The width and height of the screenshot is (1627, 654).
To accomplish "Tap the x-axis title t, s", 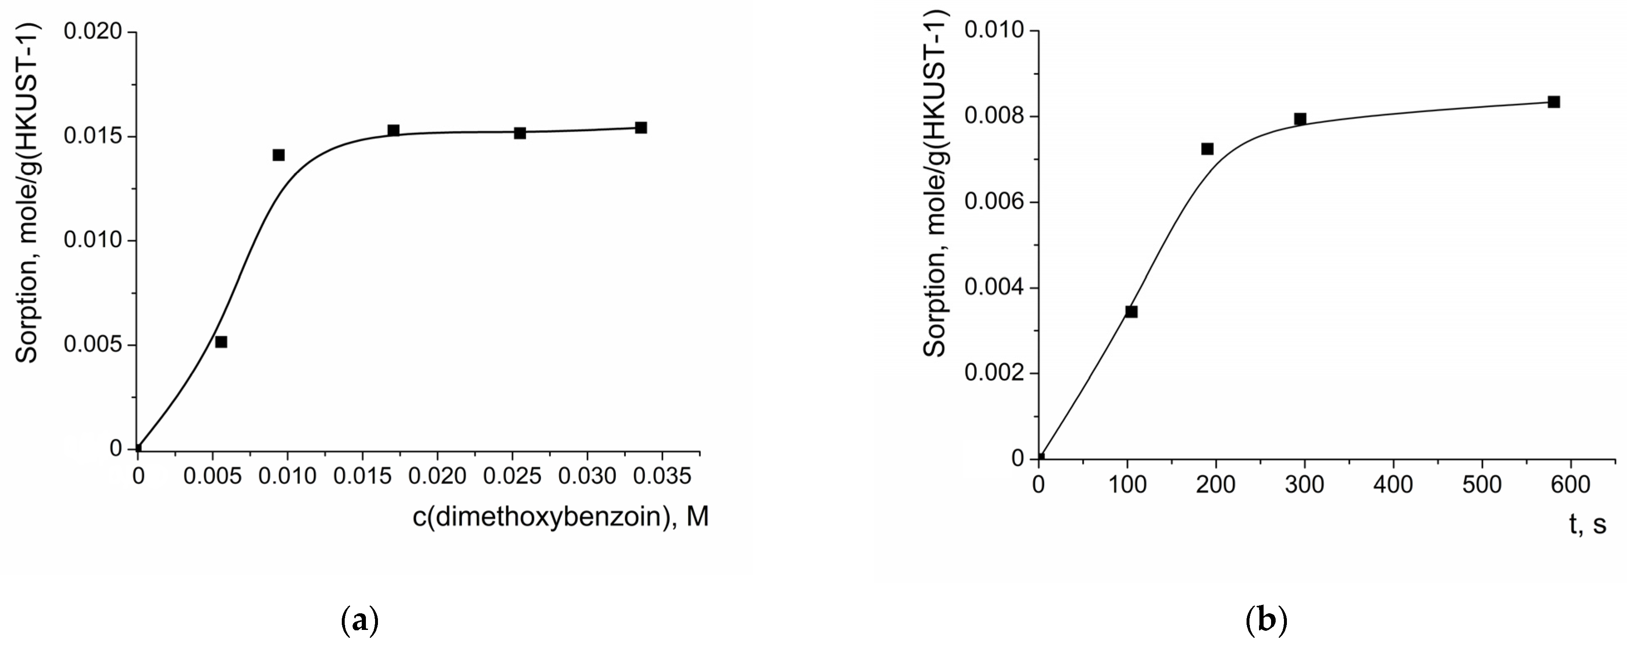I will coord(1587,524).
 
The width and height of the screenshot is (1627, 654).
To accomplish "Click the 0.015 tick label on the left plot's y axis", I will coord(92,136).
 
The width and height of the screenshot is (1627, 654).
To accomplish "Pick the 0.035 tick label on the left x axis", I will coord(662,476).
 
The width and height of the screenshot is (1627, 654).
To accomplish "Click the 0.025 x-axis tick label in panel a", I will coord(512,476).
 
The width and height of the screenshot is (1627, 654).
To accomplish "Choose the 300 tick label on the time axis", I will coord(1304,485).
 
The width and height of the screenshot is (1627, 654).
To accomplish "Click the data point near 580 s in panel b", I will coord(1554,102).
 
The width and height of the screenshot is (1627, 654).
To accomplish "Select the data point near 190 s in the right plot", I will coord(1207,149).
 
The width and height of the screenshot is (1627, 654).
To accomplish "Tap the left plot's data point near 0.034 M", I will coord(640,128).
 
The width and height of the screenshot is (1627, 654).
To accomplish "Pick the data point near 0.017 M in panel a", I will coord(393,130).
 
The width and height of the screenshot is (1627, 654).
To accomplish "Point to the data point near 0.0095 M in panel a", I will coord(279,155).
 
